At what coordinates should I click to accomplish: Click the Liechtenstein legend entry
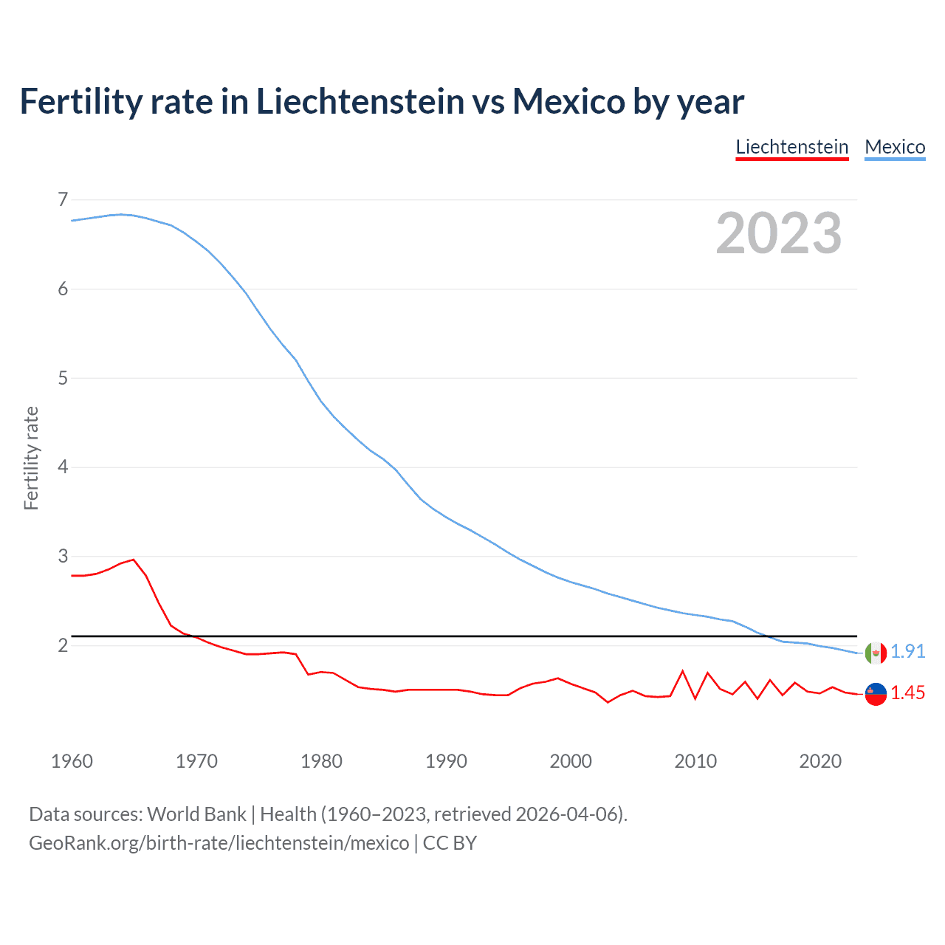pos(791,147)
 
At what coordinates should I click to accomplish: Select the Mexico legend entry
pos(895,147)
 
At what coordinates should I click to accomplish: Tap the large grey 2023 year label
pos(778,233)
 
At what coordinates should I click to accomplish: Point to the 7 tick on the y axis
pos(63,199)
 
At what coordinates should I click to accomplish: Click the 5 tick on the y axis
pos(63,378)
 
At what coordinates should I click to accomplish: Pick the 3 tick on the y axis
pos(63,556)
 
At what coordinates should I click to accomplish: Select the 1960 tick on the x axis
pos(72,761)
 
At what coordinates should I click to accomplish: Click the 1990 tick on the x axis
pos(446,761)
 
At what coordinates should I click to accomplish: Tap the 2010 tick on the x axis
pos(695,761)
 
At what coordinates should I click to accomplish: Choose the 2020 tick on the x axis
pos(820,761)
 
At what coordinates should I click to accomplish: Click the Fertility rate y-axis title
pos(31,458)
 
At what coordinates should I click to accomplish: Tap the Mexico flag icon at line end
pos(876,653)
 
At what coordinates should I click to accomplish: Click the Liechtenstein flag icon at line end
pos(876,694)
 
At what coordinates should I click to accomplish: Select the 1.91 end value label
pos(907,651)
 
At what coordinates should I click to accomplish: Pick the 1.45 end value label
pos(907,693)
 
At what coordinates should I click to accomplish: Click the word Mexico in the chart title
pos(568,101)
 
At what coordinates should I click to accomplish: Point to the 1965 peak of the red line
pos(134,560)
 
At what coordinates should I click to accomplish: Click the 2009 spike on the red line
pos(683,671)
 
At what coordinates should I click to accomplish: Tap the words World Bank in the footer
pos(196,814)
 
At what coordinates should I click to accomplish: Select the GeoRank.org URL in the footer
pos(219,843)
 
